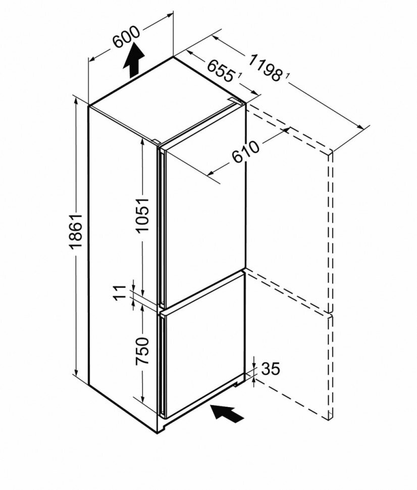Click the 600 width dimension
point(126,37)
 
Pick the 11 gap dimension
point(119,291)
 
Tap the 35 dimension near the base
point(270,369)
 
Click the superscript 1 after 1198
point(287,76)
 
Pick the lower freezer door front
point(202,349)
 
